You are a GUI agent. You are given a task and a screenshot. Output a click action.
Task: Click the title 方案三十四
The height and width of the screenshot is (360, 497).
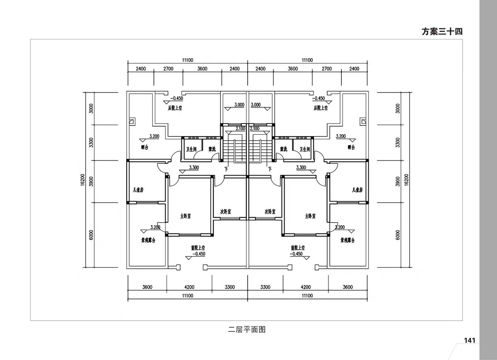click(442, 32)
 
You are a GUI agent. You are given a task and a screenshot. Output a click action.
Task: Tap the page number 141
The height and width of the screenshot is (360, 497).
click(469, 341)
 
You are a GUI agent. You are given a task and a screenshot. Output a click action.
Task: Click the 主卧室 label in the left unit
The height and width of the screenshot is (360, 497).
click(185, 216)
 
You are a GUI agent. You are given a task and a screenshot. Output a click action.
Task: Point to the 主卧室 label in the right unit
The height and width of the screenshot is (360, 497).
click(310, 216)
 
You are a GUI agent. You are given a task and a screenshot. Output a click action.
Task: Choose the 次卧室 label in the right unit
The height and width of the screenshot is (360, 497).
click(270, 212)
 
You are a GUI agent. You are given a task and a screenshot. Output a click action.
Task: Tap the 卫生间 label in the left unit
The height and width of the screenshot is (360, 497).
click(191, 149)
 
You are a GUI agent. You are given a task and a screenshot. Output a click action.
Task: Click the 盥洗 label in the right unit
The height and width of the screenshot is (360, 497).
click(284, 149)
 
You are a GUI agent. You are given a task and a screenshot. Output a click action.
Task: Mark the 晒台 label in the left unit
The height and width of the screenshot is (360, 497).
click(144, 147)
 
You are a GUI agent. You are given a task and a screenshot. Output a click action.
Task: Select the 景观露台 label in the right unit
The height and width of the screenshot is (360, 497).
click(347, 240)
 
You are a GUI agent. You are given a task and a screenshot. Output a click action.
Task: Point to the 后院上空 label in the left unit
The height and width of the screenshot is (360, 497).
click(175, 108)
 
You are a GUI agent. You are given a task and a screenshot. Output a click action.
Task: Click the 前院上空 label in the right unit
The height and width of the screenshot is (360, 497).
click(298, 248)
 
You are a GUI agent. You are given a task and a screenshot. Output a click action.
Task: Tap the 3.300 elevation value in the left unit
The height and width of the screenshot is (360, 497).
click(194, 168)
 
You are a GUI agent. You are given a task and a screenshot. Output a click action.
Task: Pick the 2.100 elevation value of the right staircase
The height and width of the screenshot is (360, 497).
click(255, 129)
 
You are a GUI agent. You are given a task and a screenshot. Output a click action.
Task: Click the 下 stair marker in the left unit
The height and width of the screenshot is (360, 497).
click(226, 169)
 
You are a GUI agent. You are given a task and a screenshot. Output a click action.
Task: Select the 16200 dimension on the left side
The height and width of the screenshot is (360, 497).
click(83, 180)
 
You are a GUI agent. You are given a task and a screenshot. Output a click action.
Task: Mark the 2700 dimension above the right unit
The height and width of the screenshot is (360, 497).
click(326, 69)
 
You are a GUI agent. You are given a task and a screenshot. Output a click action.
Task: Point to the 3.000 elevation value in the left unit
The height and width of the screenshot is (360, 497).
click(239, 105)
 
